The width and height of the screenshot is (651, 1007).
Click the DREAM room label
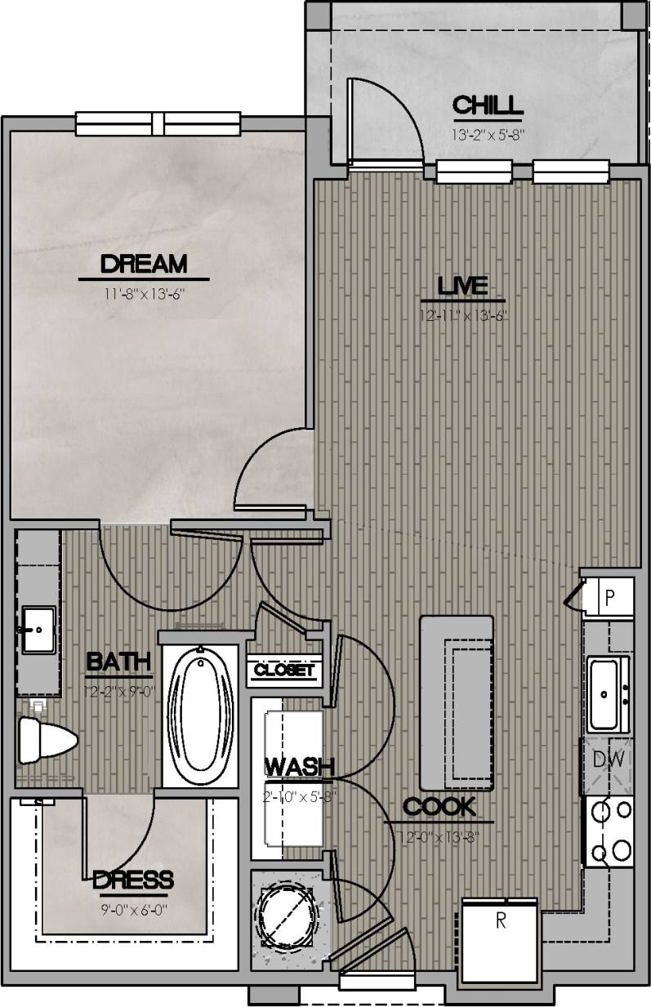click(144, 264)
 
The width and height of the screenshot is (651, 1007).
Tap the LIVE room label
click(462, 286)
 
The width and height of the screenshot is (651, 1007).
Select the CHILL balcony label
click(487, 105)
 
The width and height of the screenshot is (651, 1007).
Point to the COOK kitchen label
click(439, 807)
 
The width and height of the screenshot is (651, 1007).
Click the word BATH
click(118, 662)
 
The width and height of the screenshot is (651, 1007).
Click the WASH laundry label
click(300, 767)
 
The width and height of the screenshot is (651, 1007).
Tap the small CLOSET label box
click(283, 671)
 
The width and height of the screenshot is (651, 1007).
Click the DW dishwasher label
click(609, 760)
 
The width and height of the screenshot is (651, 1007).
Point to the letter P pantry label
click(609, 596)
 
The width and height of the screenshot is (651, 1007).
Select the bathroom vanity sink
click(38, 630)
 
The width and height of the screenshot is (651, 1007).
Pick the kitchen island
click(457, 701)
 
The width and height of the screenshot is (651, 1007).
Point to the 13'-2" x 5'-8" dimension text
click(487, 130)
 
